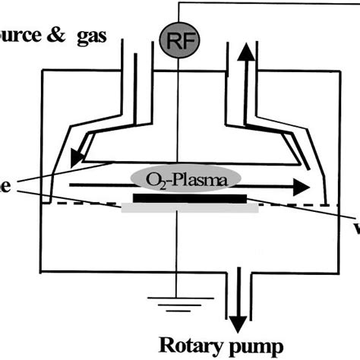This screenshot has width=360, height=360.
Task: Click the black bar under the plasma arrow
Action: click(189, 199)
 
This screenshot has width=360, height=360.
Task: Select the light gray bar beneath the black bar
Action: click(189, 208)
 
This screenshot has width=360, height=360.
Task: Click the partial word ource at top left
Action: click(23, 35)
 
